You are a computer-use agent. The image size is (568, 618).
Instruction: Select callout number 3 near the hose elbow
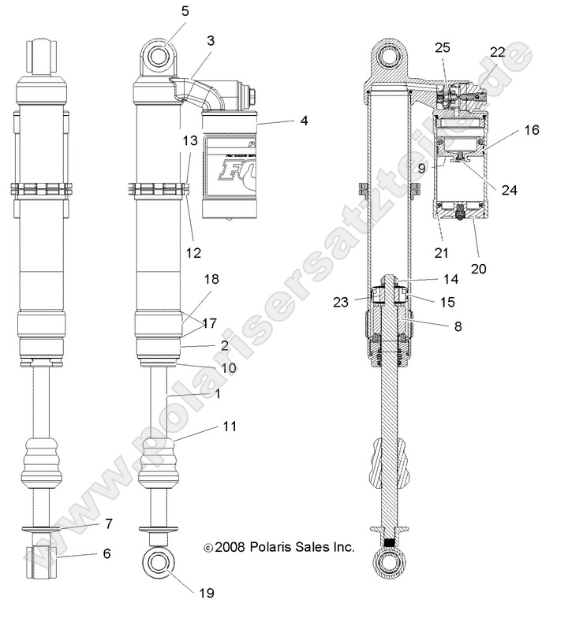click(211, 39)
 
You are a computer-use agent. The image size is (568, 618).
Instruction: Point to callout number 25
click(443, 48)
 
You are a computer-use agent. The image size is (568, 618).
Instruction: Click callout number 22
click(497, 52)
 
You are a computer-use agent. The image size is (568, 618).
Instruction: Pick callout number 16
click(532, 130)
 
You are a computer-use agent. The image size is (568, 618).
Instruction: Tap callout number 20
click(479, 268)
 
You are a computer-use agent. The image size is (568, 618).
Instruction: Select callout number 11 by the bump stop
click(229, 426)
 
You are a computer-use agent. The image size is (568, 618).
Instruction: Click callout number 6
click(106, 553)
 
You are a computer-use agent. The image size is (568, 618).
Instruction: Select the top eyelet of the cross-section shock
click(388, 59)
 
